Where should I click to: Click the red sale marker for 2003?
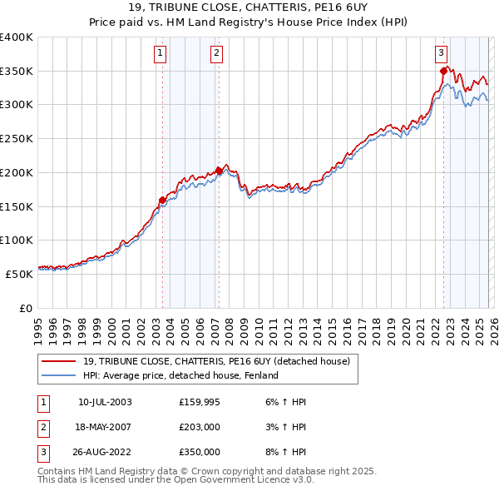pyautogui.click(x=162, y=200)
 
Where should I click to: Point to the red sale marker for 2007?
pyautogui.click(x=219, y=171)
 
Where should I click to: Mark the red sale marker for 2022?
pyautogui.click(x=443, y=71)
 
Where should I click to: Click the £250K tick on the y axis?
pyautogui.click(x=17, y=138)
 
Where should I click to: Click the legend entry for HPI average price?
pyautogui.click(x=180, y=375)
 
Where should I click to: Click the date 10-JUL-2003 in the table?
pyautogui.click(x=105, y=402)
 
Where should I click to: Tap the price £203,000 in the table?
pyautogui.click(x=199, y=427)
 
